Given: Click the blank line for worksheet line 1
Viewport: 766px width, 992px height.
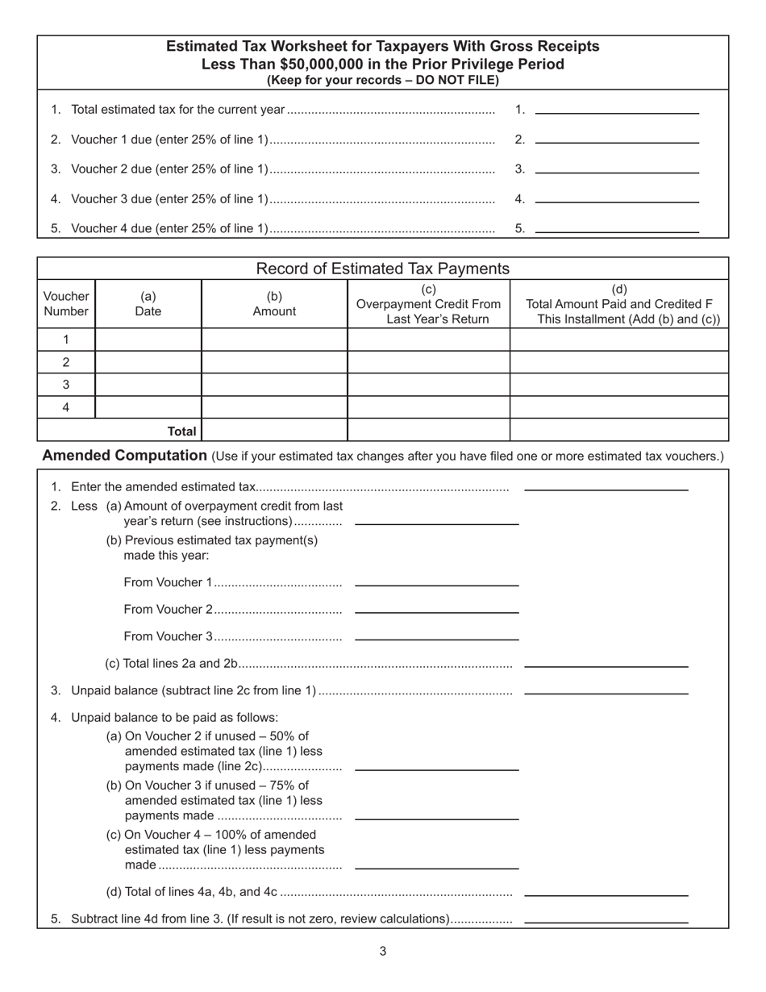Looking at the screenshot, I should click(617, 109).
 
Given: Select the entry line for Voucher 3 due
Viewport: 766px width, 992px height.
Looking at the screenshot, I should click(617, 198).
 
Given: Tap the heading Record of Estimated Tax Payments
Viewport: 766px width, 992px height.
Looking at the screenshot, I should click(382, 269).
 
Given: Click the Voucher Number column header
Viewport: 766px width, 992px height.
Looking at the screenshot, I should click(66, 304).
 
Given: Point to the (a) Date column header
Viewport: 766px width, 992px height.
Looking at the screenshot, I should click(148, 304).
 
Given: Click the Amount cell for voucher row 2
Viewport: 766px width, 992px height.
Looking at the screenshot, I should click(274, 362).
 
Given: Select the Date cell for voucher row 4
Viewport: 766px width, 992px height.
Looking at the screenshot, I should click(148, 407).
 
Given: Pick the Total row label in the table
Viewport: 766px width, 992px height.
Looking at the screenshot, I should click(181, 431).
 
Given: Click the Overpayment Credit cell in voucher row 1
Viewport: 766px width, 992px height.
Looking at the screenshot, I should click(428, 340).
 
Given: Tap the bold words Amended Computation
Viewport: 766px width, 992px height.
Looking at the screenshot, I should click(124, 456).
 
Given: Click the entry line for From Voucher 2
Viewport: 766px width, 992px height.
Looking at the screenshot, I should click(436, 608).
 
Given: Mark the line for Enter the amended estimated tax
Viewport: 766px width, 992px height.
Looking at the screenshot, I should click(606, 486).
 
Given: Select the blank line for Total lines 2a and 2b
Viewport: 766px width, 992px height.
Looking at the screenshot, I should click(606, 662).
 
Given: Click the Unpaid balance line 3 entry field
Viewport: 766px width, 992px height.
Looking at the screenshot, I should click(606, 689).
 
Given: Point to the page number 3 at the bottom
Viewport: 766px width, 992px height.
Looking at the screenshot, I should click(383, 952).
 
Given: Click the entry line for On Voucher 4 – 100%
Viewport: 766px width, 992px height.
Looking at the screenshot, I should click(436, 864).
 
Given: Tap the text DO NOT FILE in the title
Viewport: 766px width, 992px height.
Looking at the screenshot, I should click(456, 80).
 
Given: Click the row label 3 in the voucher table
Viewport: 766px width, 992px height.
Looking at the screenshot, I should click(66, 385).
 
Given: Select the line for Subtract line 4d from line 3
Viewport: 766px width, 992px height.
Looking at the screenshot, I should click(606, 918).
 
